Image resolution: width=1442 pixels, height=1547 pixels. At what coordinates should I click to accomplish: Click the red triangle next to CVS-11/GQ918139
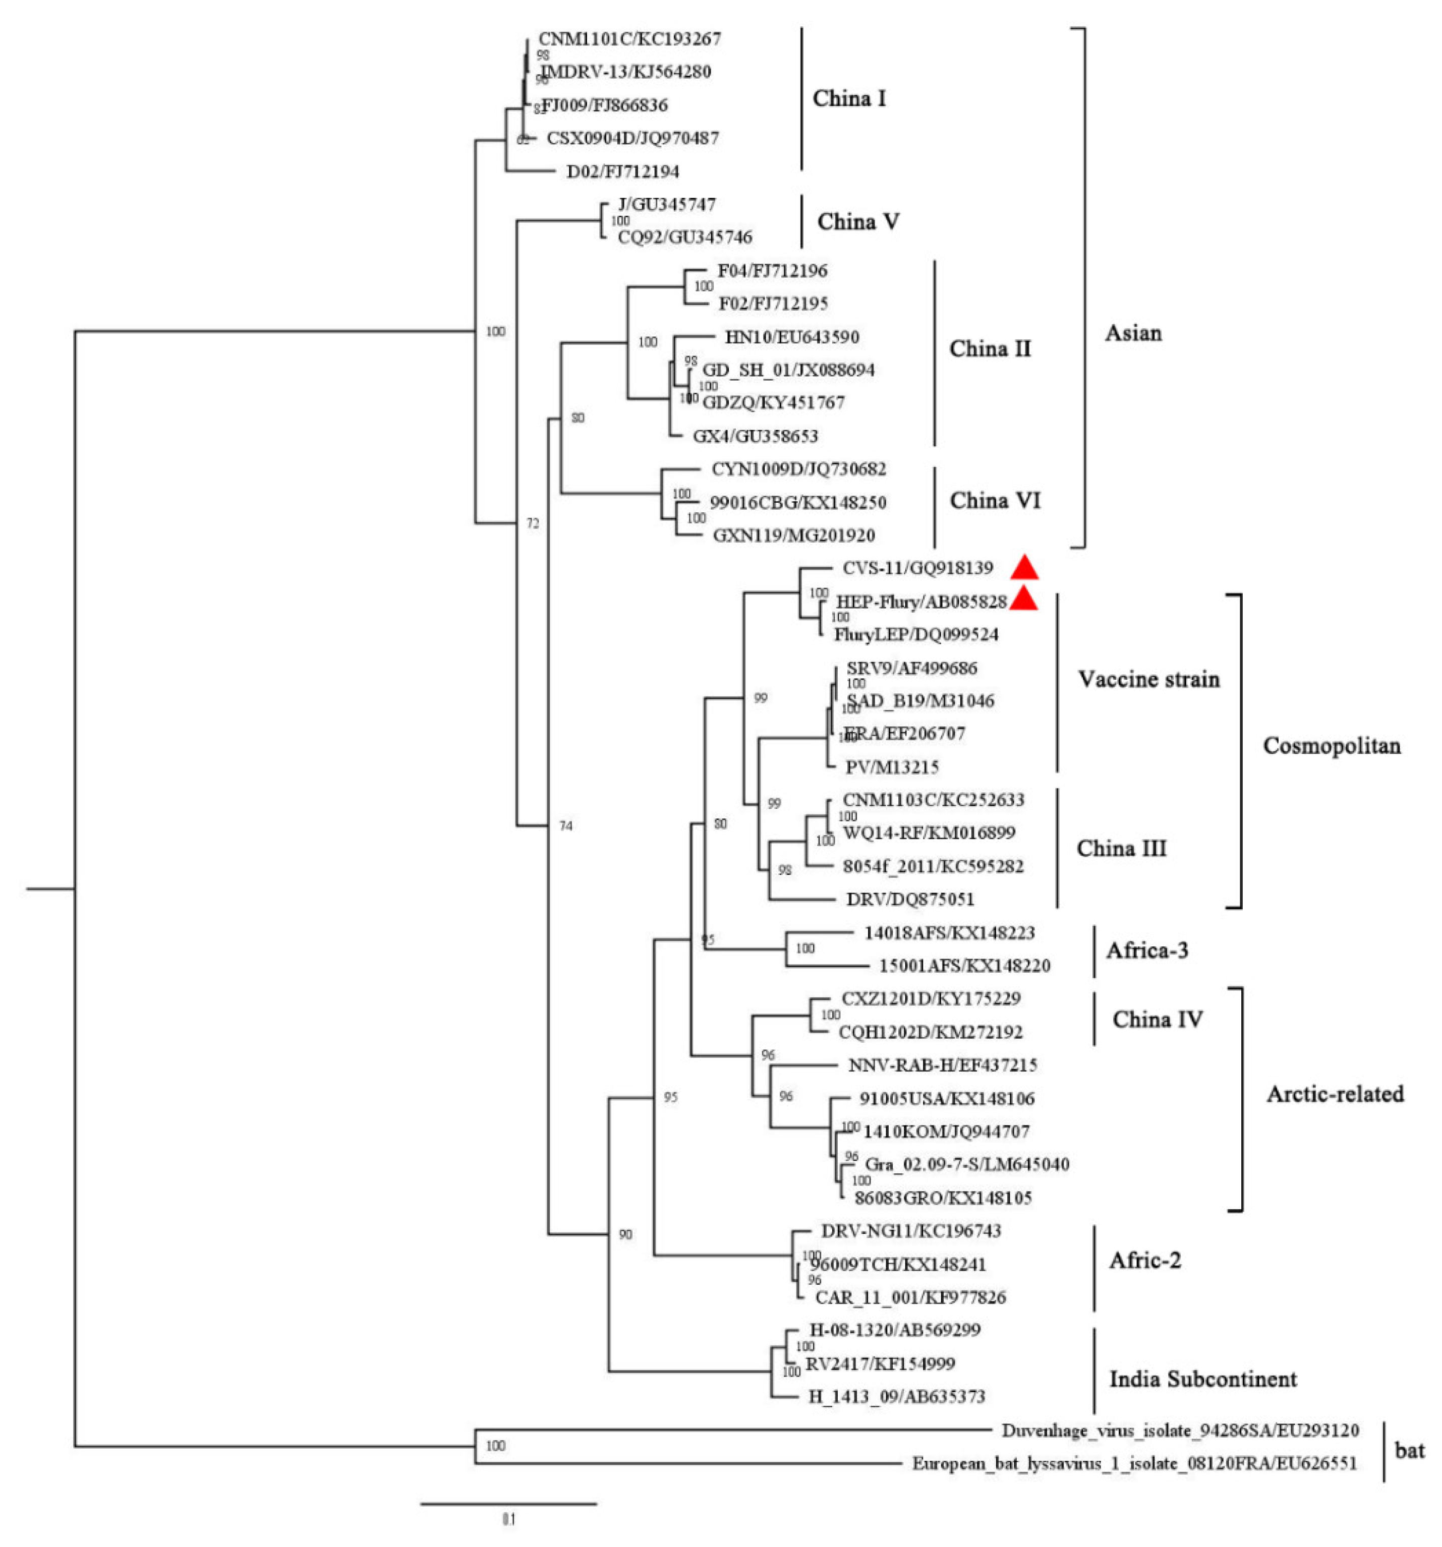(1024, 568)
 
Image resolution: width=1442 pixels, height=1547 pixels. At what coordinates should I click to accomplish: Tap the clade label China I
(848, 99)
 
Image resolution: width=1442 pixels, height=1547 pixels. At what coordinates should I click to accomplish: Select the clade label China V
(857, 222)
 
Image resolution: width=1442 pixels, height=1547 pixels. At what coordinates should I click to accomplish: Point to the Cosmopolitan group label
(1331, 745)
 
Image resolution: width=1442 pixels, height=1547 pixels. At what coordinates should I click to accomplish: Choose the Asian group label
(1132, 333)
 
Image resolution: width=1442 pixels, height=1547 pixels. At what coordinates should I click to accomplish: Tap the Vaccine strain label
(1148, 679)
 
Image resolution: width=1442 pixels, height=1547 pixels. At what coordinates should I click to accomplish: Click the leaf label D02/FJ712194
(622, 171)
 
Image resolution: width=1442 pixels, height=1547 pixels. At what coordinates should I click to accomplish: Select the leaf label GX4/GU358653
(755, 436)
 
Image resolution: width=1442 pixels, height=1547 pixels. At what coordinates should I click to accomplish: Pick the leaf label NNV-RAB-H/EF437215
(942, 1064)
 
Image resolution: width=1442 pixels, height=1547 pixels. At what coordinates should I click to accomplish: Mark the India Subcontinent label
(1202, 1380)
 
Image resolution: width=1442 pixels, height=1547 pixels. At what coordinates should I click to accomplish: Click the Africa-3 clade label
(1146, 950)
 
